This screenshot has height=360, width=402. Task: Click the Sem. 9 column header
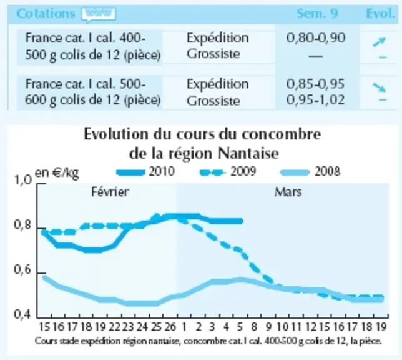(317, 14)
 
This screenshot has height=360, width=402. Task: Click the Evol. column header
(380, 14)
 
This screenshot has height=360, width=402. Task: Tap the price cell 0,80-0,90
(316, 38)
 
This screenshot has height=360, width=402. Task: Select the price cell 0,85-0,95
(315, 84)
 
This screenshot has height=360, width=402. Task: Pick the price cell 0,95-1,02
(315, 99)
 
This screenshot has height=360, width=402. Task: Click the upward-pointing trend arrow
(379, 42)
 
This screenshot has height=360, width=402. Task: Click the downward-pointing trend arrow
(379, 87)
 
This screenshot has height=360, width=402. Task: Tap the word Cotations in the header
(46, 14)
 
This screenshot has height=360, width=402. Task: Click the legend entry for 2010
(145, 171)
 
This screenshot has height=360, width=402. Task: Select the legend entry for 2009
(228, 171)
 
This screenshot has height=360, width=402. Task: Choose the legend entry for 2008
(310, 171)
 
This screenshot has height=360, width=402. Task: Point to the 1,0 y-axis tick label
(23, 180)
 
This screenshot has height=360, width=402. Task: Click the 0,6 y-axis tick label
(22, 270)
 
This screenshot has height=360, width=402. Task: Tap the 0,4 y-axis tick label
(22, 314)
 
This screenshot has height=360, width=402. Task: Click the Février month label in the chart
(110, 192)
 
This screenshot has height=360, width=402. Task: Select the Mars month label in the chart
(288, 192)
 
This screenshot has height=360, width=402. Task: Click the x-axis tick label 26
(170, 327)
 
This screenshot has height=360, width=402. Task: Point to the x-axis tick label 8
(254, 327)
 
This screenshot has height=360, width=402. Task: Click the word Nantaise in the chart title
(248, 154)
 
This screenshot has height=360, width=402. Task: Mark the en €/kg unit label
(57, 173)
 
